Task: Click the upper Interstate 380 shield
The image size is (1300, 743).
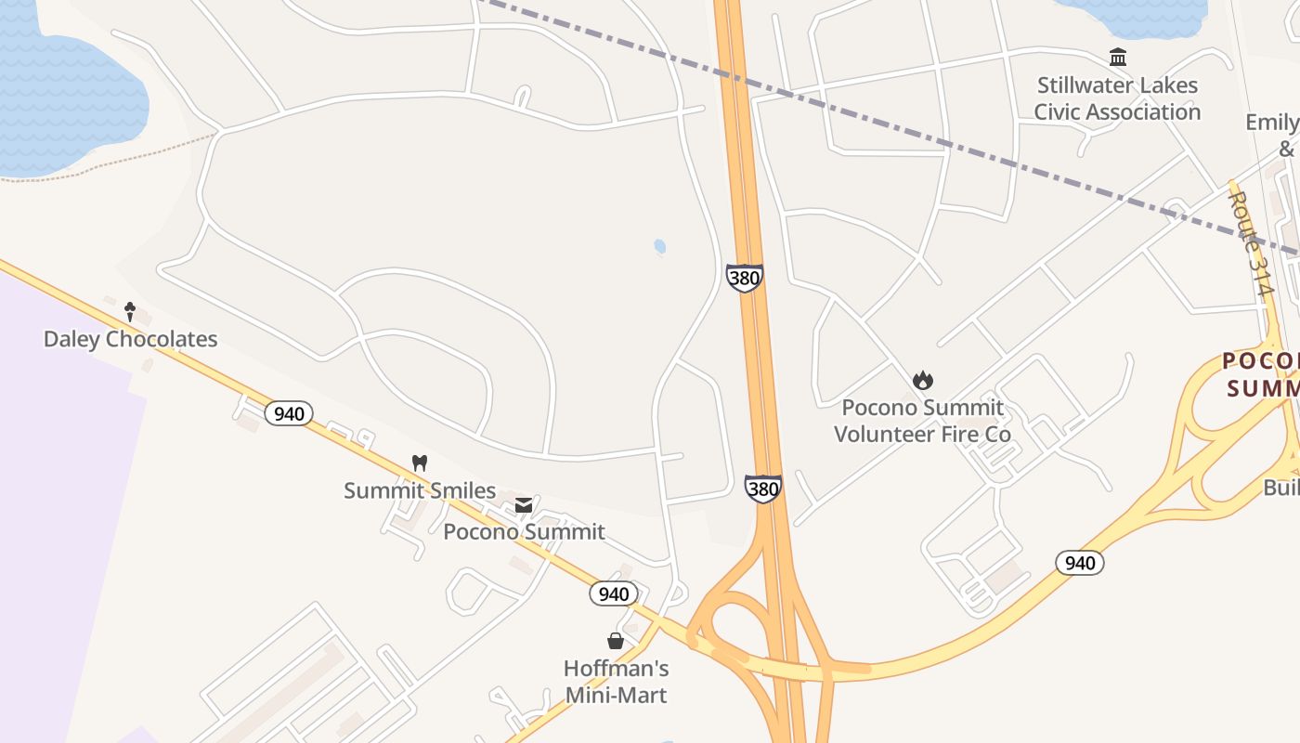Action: (744, 277)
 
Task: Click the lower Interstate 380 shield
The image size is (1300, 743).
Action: (762, 489)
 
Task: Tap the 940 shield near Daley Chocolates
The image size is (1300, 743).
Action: (289, 413)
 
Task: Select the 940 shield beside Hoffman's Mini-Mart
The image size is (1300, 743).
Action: (614, 593)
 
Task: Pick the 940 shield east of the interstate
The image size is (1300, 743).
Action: (1079, 562)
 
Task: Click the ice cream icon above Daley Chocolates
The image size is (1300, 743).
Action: (130, 311)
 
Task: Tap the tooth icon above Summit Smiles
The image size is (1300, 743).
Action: (420, 463)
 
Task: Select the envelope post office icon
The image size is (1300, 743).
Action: (524, 504)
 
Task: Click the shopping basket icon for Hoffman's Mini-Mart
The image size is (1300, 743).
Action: (616, 641)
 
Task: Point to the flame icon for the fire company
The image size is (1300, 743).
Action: (922, 380)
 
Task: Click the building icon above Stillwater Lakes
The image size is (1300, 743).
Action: (1118, 58)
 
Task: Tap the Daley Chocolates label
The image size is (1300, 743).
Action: (130, 339)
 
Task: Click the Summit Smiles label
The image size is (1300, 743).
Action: (420, 490)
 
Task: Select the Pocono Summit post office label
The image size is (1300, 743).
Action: (524, 531)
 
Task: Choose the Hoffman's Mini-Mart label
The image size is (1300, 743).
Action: (616, 681)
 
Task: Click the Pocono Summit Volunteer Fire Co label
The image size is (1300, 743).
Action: (922, 421)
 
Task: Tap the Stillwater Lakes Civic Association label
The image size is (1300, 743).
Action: (1117, 98)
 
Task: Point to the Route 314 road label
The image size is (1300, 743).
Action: (1250, 243)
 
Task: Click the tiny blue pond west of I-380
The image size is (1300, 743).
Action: (659, 246)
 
